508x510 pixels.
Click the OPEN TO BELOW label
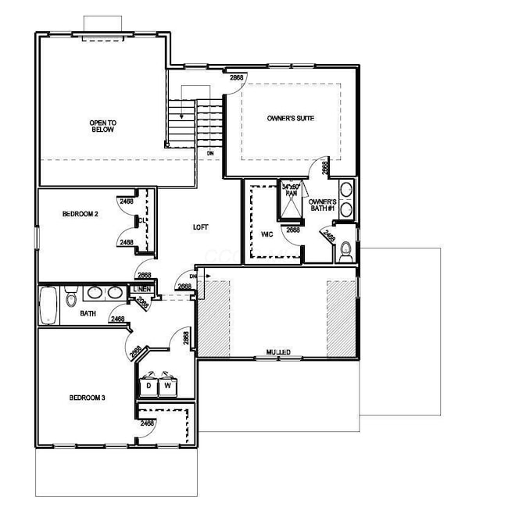102,126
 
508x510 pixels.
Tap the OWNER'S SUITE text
291,117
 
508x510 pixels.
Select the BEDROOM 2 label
80,213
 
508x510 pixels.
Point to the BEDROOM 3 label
87,398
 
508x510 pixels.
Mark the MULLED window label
277,353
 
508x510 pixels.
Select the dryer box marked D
148,385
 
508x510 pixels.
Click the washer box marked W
167,385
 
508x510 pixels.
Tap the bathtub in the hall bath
48,306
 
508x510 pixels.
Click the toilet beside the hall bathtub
71,298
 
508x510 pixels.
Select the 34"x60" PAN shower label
291,190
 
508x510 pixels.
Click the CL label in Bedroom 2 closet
141,222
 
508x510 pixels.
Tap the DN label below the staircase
210,153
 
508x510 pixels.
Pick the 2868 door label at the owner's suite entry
236,78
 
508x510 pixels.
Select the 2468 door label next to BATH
118,319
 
